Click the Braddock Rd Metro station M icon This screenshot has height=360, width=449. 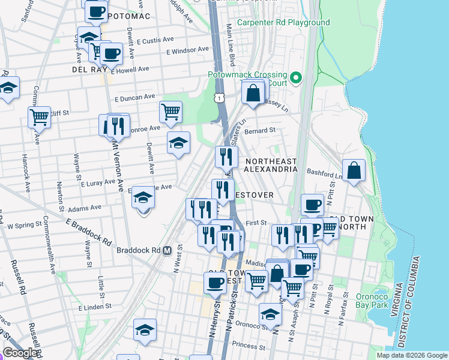167,250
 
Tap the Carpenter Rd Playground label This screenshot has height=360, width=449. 283,23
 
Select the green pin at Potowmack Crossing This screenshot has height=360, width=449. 295,78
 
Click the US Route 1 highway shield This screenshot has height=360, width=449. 220,97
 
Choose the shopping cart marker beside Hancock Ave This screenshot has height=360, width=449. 40,116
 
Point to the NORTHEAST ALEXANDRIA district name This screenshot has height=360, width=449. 271,165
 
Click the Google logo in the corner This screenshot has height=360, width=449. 20,353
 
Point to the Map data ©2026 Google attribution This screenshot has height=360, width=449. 411,355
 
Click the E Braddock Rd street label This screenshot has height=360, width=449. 89,232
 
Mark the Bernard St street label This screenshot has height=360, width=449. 261,130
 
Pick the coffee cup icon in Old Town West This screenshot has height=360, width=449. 215,283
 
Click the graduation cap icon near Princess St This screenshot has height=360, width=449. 145,330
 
